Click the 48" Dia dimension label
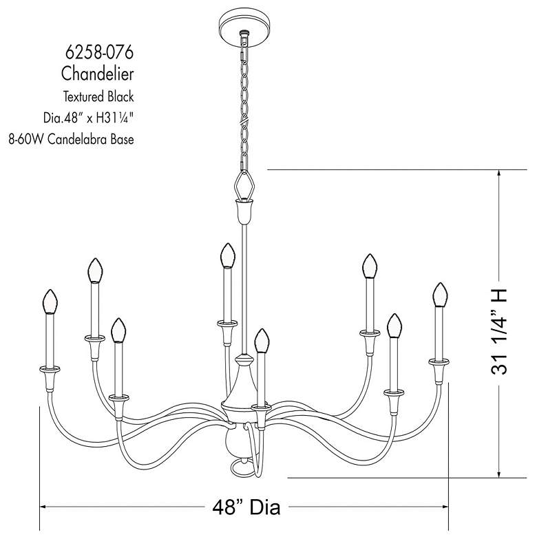point(246,508)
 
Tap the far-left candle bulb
point(49,302)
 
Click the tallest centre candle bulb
point(224,255)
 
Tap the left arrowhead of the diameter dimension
point(44,508)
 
